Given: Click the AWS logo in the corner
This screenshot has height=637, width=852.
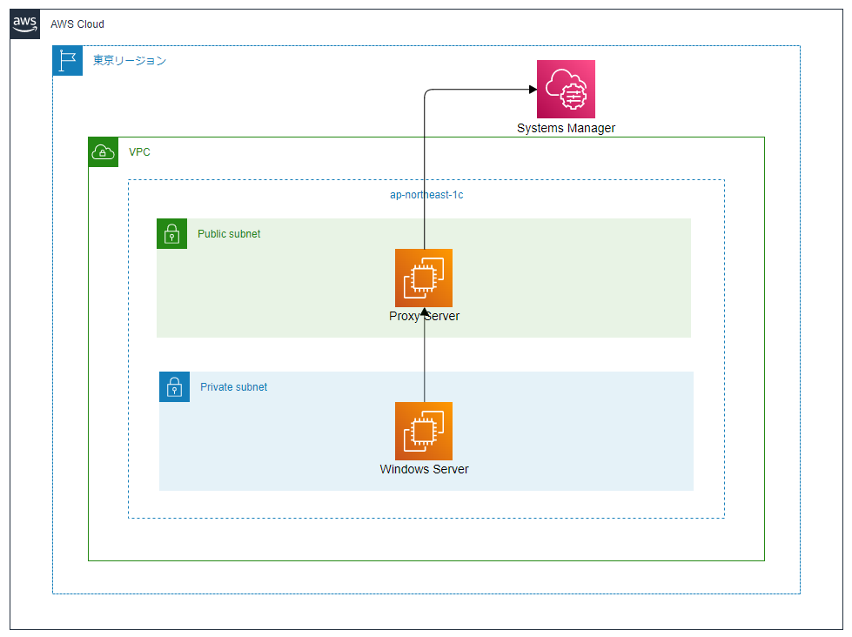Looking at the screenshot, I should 25,23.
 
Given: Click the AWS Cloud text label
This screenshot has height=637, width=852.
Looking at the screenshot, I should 77,24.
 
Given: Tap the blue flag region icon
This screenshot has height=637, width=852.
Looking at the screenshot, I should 67,60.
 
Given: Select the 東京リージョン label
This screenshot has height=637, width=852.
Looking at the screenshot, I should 130,61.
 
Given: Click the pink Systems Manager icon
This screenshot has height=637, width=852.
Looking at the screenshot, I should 566,89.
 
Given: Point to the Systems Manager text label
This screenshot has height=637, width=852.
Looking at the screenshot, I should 566,129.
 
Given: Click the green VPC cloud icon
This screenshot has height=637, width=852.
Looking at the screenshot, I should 103,152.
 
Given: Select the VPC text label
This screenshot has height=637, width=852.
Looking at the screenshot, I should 139,152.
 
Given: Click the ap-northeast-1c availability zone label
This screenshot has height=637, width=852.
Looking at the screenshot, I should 426,195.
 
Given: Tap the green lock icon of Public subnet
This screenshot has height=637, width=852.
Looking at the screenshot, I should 171,233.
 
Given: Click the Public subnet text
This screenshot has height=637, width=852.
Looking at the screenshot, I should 229,234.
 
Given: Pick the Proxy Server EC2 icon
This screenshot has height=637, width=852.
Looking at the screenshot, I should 424,278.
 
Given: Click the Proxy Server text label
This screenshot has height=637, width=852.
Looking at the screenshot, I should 424,317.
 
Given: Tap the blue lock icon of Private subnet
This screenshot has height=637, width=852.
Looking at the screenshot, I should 174,386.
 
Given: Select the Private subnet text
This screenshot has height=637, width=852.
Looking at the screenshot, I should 233,387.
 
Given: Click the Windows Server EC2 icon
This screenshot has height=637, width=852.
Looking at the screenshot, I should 424,431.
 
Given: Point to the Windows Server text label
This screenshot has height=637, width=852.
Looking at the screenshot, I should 424,470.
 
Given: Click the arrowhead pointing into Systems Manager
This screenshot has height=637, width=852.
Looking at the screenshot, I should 531,89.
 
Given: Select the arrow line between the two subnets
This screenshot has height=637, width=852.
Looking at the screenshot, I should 424,355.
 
